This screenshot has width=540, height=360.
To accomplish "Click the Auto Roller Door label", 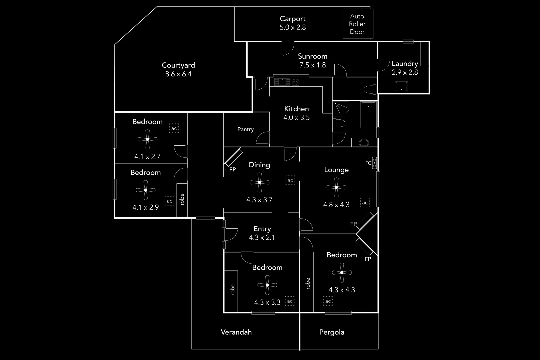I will (x=357, y=24).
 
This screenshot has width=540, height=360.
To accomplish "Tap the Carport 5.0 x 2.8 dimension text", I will (x=293, y=28).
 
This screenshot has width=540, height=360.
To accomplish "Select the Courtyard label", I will (x=178, y=65).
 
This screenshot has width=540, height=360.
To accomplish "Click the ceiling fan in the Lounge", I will (x=336, y=187).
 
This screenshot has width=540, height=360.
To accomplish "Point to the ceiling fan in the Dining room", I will (x=259, y=182).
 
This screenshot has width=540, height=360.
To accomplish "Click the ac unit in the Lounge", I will (x=365, y=203).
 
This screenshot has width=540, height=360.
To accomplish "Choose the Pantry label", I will (x=246, y=129).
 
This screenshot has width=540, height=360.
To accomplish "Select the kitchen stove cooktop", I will (x=295, y=82).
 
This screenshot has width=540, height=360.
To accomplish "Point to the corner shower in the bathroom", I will (x=340, y=108).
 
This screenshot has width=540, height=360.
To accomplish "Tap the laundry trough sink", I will (x=401, y=87).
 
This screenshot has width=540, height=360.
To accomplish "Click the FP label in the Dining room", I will (x=233, y=169).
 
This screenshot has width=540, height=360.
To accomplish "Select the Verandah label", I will (x=236, y=332).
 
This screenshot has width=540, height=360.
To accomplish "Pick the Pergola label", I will (x=332, y=332).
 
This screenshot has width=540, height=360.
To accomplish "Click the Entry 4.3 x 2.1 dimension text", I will (x=262, y=238).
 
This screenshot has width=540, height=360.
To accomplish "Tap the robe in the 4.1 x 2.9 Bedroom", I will (x=182, y=199).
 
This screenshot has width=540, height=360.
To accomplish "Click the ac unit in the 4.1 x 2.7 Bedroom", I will (x=174, y=128).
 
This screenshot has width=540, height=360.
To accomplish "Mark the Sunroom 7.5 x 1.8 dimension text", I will (x=313, y=65).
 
